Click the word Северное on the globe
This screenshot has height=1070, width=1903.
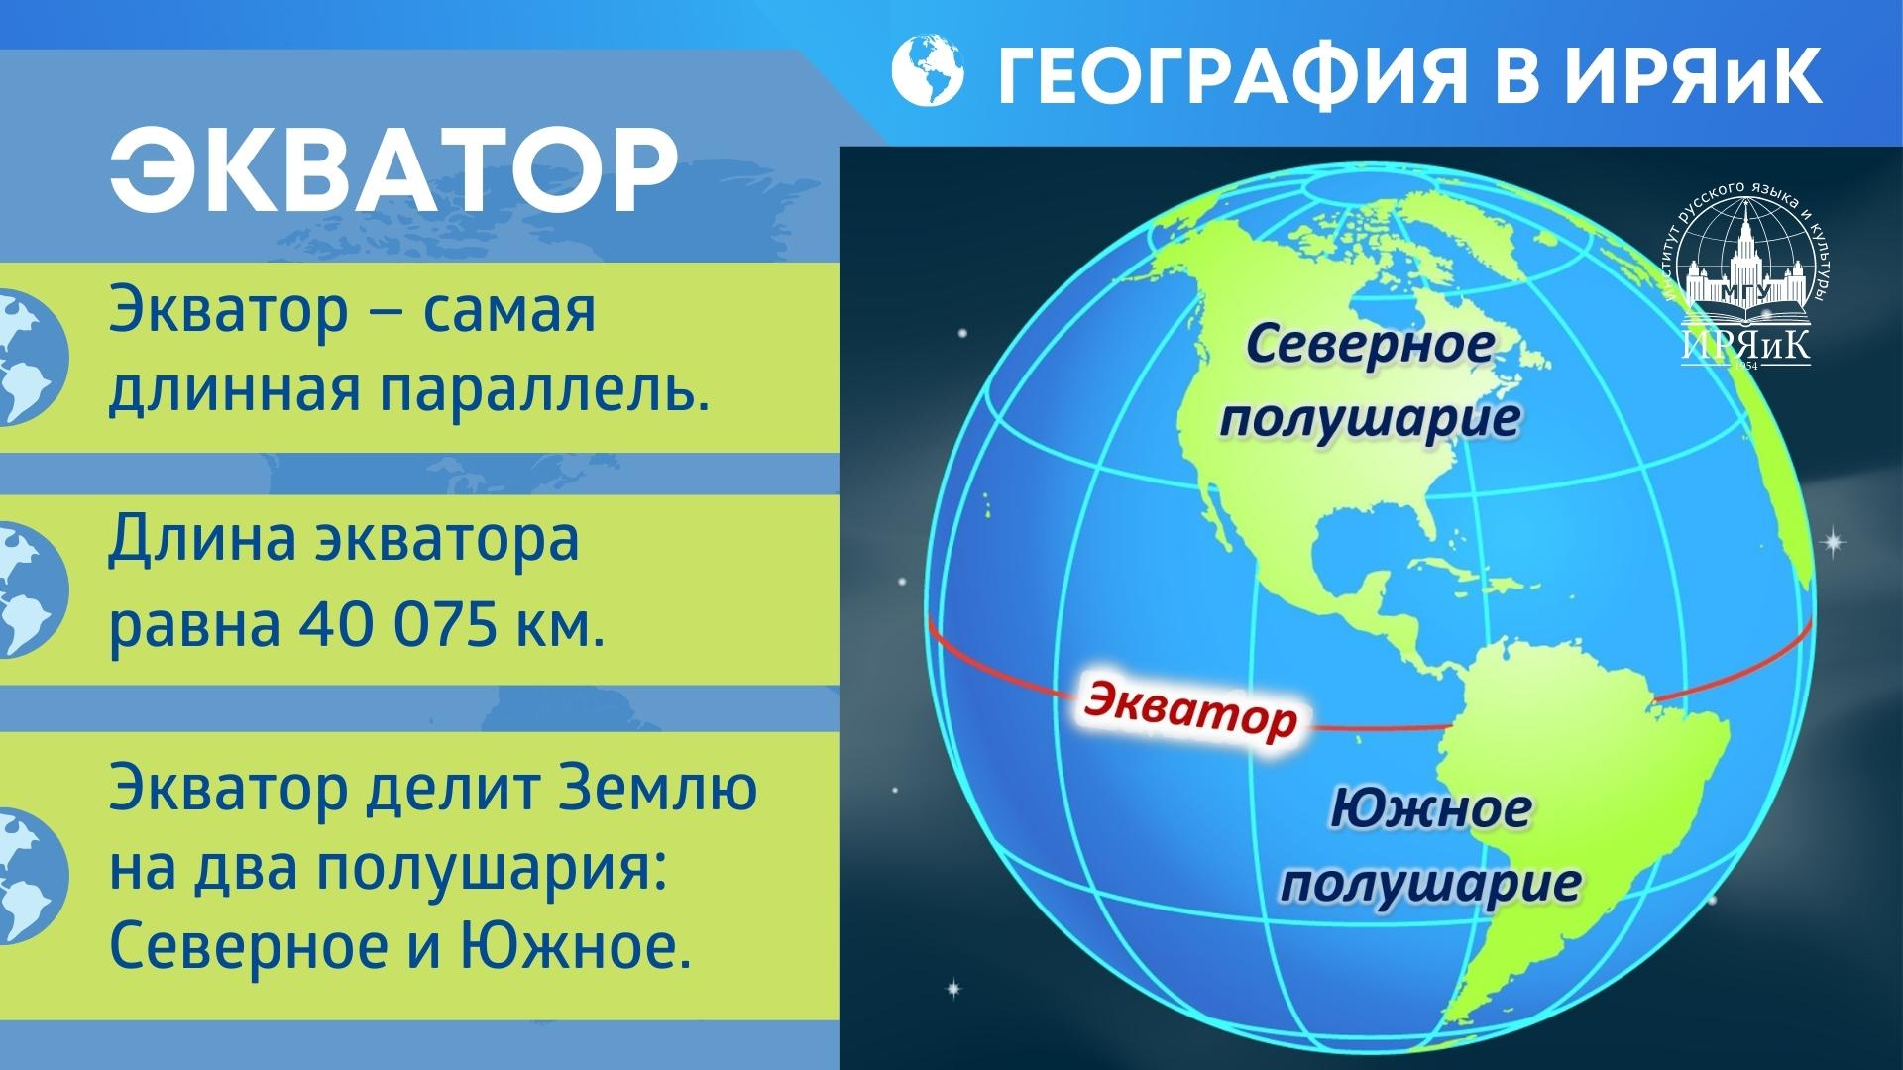tap(1370, 348)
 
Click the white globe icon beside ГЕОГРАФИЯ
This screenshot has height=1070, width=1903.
tap(928, 71)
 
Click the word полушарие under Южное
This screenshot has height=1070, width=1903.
tap(1429, 881)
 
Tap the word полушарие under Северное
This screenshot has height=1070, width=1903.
tap(1370, 417)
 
